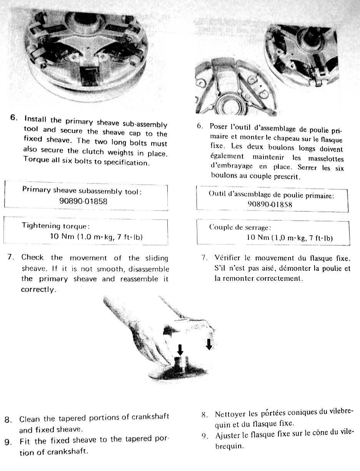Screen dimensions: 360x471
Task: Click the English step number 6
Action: coord(14,118)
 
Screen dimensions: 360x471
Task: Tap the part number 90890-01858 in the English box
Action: coord(83,201)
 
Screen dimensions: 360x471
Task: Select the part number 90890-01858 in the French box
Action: coord(270,204)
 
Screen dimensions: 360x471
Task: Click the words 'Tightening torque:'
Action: coord(56,226)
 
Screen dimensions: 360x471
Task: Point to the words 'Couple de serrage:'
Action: coord(240,227)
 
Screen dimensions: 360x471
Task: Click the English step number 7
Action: coord(11,257)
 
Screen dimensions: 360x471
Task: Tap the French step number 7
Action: coord(205,258)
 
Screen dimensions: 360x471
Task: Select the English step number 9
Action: coord(8,442)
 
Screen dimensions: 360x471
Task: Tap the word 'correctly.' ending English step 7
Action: coord(38,290)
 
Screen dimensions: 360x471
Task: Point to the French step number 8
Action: coord(205,414)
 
